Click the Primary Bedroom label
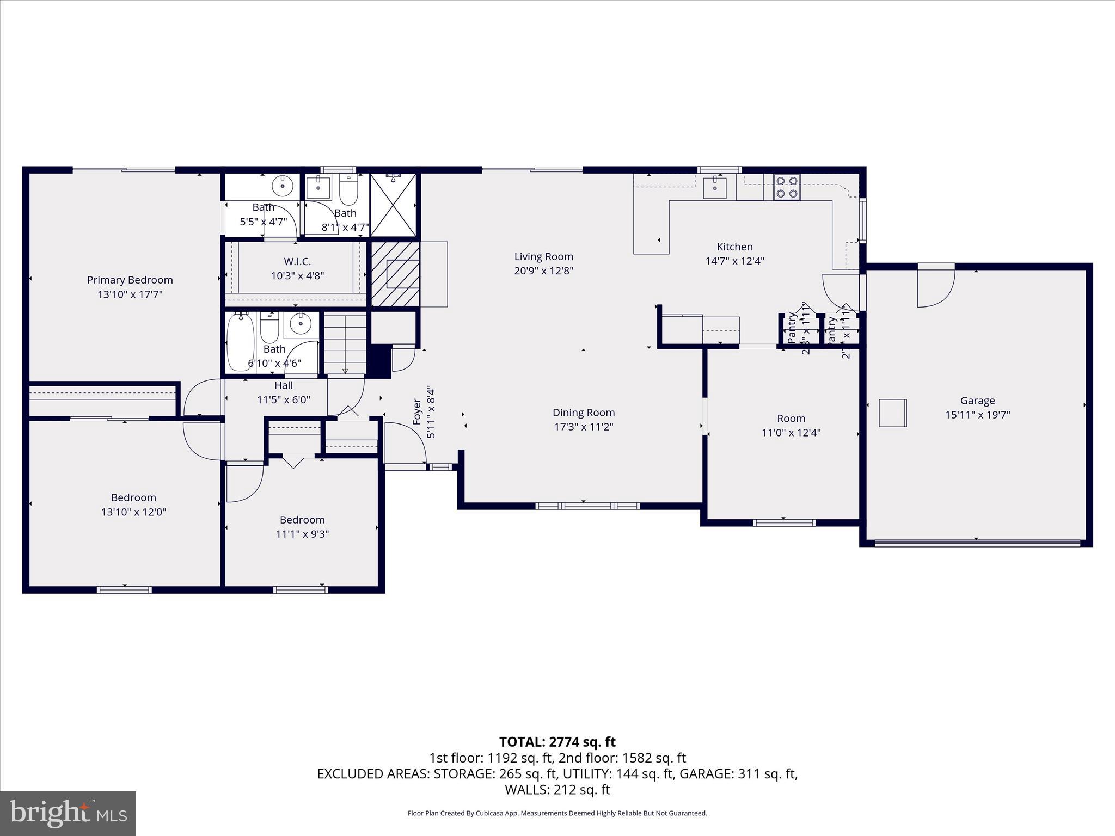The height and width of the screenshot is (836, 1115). (130, 280)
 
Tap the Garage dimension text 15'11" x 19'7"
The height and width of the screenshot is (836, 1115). (977, 415)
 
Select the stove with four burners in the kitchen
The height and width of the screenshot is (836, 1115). (787, 187)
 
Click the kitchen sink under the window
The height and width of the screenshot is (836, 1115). (714, 188)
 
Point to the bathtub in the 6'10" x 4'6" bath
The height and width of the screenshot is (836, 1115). (240, 342)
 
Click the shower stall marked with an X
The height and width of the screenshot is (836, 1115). (393, 205)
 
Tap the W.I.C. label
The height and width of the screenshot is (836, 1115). (297, 262)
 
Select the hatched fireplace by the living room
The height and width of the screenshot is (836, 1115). (396, 274)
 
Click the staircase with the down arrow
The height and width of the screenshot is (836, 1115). (345, 343)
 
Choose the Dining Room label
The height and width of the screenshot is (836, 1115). (583, 413)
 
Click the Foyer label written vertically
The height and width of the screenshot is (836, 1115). (417, 411)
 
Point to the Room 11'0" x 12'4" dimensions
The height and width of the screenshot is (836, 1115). (791, 433)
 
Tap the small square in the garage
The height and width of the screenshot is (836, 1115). (892, 413)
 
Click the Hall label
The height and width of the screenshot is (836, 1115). (284, 385)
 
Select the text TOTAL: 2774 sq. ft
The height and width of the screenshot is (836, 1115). (557, 742)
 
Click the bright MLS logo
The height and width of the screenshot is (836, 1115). (68, 814)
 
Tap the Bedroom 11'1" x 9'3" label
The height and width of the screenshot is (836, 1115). (302, 520)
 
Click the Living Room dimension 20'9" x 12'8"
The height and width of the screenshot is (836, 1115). (543, 271)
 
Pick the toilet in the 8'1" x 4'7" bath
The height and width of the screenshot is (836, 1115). (348, 189)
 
